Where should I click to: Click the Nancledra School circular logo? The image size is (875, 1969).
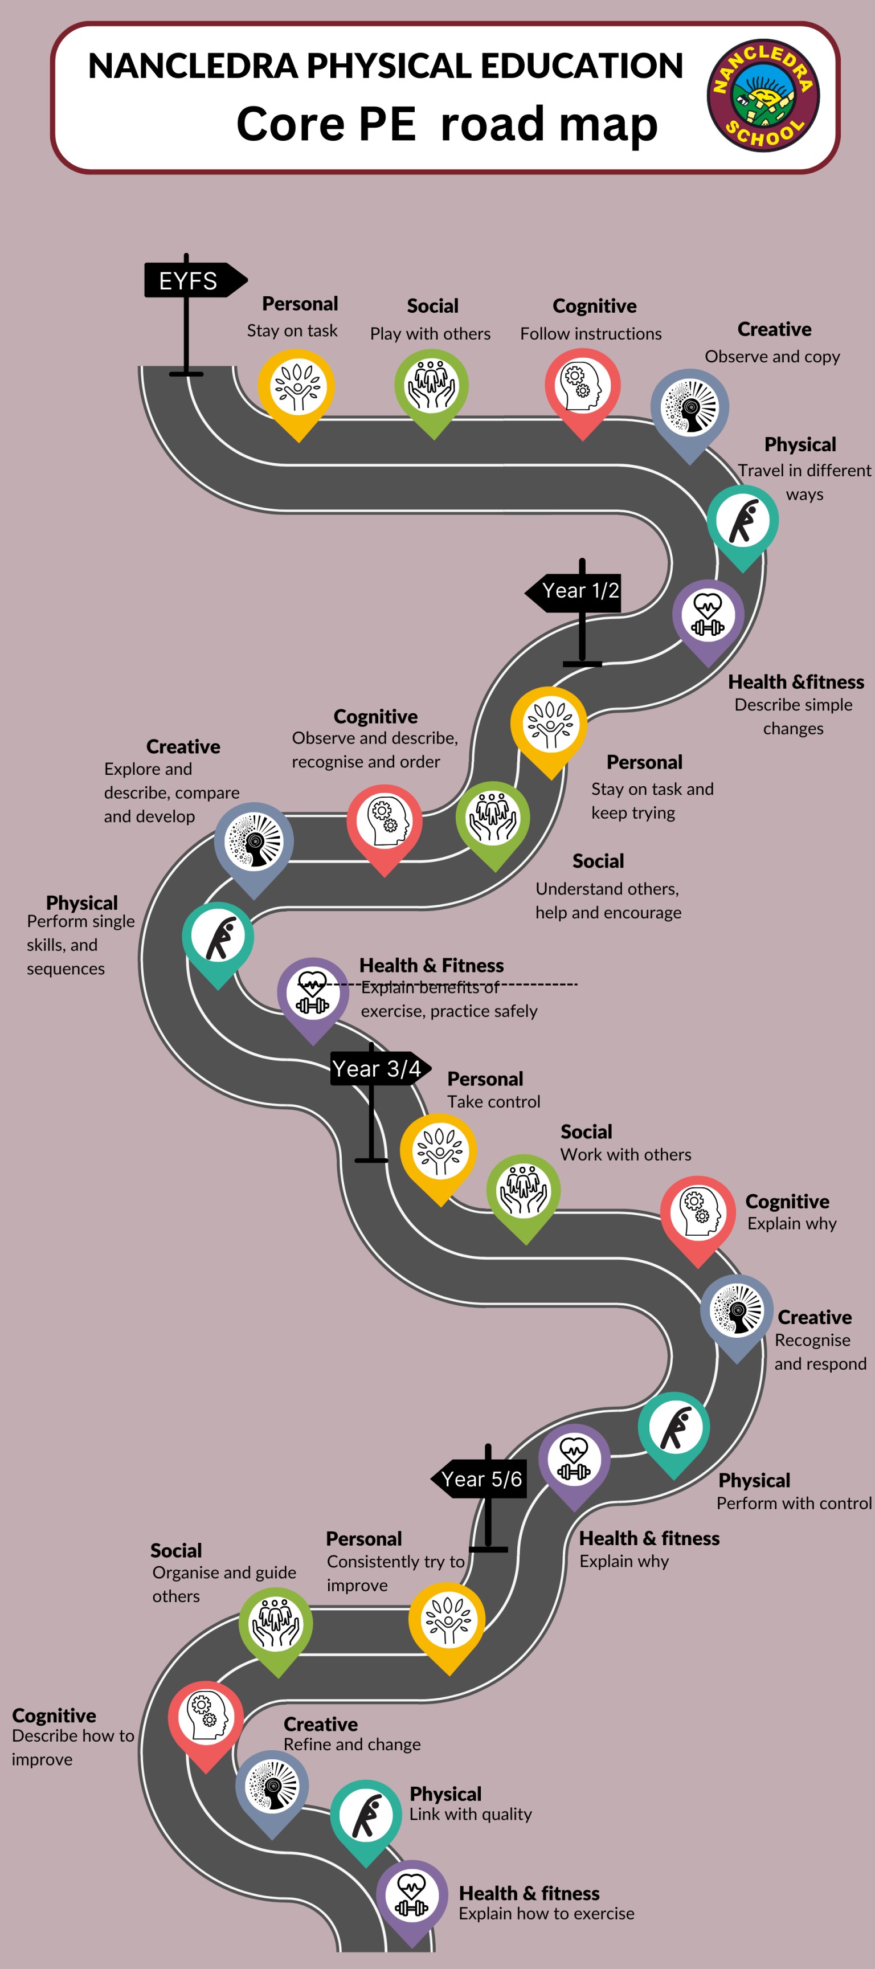point(763,96)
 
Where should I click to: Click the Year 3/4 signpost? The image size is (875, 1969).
point(378,1069)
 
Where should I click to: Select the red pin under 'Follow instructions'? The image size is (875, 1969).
point(582,386)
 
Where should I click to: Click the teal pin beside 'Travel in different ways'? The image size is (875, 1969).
point(742,522)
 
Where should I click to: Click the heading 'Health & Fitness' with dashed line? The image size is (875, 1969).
point(431,965)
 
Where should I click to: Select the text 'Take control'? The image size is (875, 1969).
point(494,1101)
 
